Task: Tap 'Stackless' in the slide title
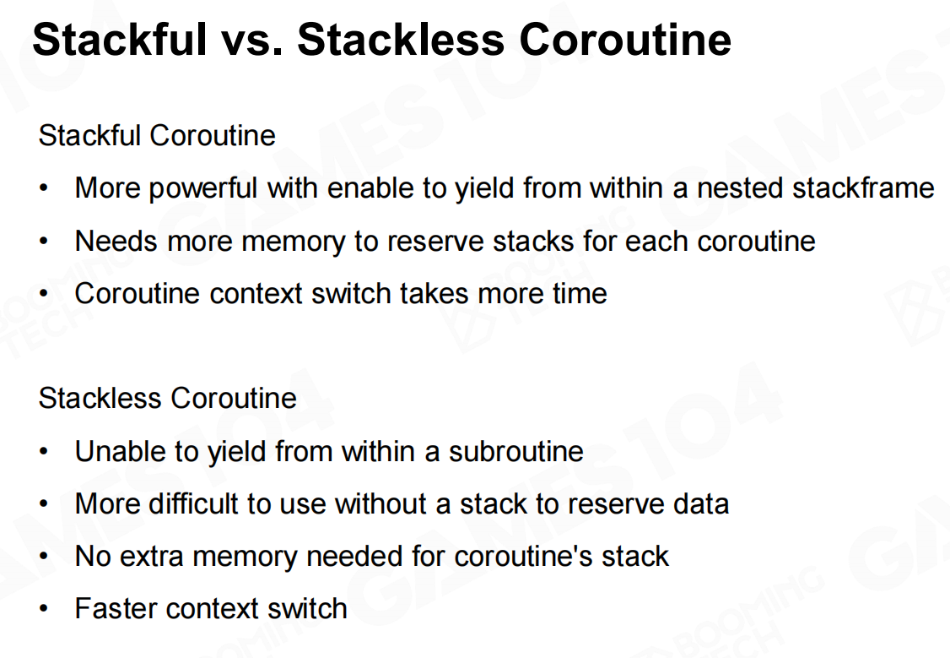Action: click(x=401, y=40)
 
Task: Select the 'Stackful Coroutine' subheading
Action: click(x=157, y=135)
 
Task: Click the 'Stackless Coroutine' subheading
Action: click(x=167, y=399)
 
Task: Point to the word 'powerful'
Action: click(x=203, y=188)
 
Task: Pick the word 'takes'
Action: click(x=435, y=294)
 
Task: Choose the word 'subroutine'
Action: click(x=516, y=452)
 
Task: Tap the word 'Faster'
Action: click(x=115, y=609)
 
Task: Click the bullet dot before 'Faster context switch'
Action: click(x=43, y=609)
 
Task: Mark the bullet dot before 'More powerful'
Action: click(x=43, y=188)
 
